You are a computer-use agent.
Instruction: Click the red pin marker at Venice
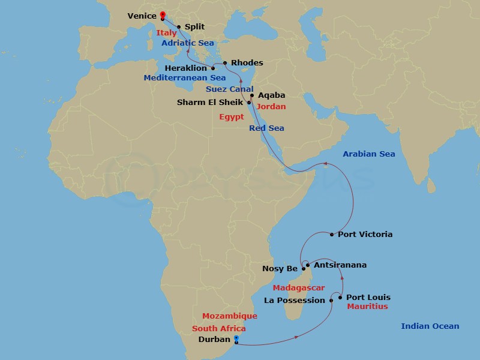(x=163, y=16)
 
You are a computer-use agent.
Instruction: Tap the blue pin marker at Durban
(x=236, y=339)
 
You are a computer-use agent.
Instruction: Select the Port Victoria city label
(x=365, y=234)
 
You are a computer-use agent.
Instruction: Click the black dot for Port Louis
(x=340, y=298)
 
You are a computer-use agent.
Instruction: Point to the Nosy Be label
(x=280, y=269)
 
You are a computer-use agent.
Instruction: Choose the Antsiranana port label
(x=340, y=265)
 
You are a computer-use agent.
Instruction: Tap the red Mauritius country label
(x=367, y=307)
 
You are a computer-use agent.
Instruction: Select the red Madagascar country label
(x=299, y=288)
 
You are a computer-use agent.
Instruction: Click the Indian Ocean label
(x=430, y=326)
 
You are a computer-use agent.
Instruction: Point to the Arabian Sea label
(x=369, y=154)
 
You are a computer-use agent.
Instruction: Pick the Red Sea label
(x=266, y=128)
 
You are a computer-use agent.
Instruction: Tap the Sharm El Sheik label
(x=210, y=103)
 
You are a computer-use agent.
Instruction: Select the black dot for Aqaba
(x=252, y=95)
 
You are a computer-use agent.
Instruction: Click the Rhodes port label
(x=247, y=63)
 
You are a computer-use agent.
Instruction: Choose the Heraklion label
(x=185, y=68)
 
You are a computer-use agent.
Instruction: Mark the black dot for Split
(x=179, y=27)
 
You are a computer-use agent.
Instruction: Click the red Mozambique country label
(x=229, y=316)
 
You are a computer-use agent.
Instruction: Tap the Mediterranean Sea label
(x=184, y=78)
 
